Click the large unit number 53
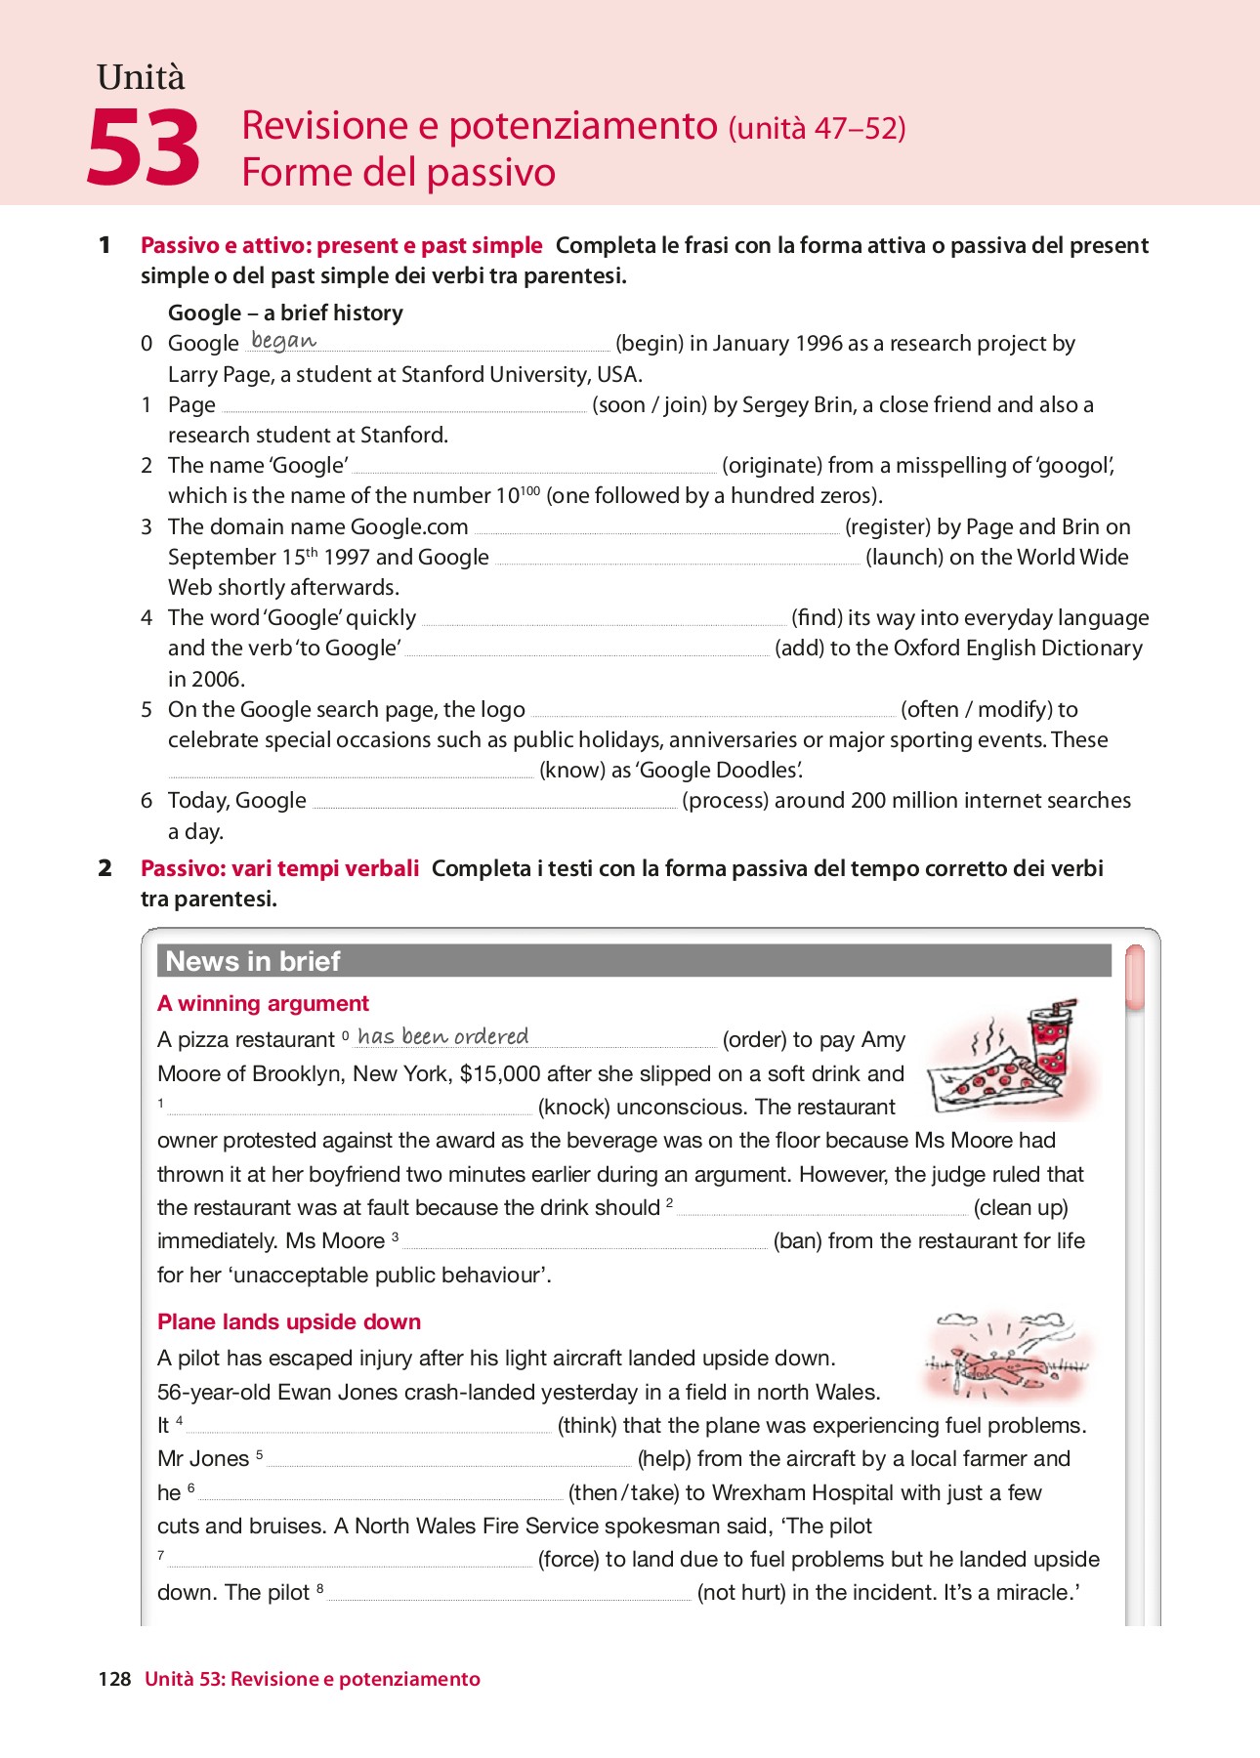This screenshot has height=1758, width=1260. click(x=144, y=147)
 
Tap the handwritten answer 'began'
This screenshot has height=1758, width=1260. click(x=283, y=341)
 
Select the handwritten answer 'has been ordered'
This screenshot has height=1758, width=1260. click(x=442, y=1036)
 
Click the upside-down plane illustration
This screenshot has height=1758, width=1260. click(x=1006, y=1360)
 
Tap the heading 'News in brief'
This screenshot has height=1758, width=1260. click(x=253, y=961)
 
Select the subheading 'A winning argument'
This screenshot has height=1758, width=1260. click(x=263, y=1003)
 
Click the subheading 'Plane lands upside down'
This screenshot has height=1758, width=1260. click(x=289, y=1321)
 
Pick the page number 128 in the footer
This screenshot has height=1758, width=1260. click(x=114, y=1679)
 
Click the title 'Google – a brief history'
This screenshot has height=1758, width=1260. click(x=285, y=313)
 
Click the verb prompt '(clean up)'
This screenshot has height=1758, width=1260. click(x=1021, y=1208)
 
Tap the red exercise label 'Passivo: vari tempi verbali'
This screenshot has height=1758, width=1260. click(x=279, y=868)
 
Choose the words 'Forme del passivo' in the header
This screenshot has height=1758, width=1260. click(x=399, y=173)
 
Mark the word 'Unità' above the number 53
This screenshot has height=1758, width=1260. click(x=141, y=77)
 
